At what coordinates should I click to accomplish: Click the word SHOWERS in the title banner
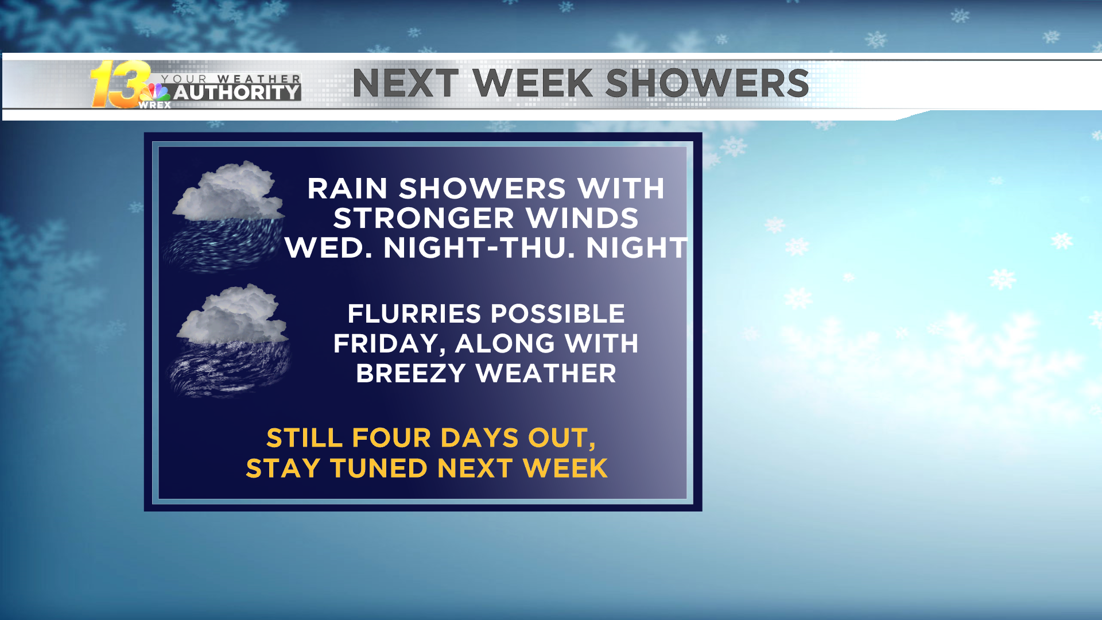pos(707,83)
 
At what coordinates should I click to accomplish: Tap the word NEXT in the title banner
pos(406,83)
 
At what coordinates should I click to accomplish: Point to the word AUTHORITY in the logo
pos(237,92)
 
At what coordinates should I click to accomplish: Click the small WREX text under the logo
pos(155,105)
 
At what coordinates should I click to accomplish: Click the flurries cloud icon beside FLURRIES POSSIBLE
pos(230,340)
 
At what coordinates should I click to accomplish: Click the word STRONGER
pos(424,218)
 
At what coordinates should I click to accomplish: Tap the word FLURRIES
pos(414,314)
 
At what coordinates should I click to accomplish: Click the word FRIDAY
pos(390,344)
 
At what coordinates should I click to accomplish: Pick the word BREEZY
pos(410,374)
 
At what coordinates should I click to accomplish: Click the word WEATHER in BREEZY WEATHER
pos(546,374)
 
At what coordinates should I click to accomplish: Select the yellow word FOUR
pos(391,438)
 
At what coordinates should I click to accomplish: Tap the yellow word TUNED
pos(379,468)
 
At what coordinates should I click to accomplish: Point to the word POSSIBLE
pos(558,314)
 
